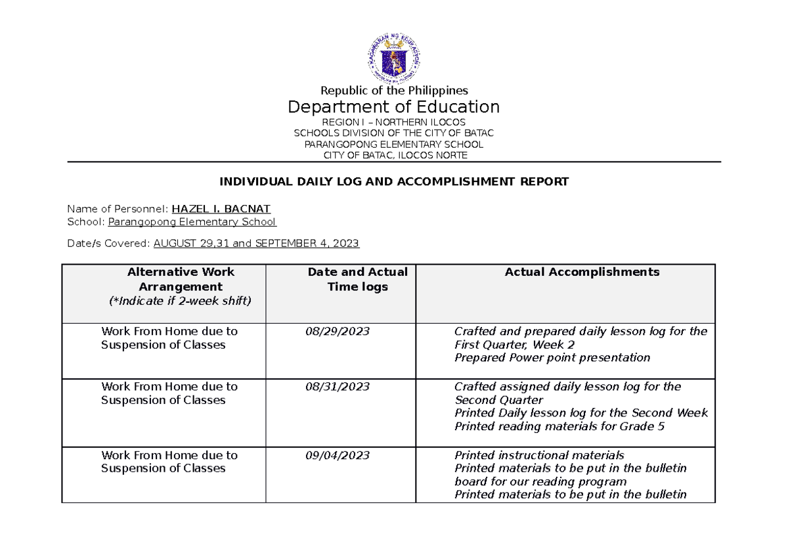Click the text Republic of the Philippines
tap(393, 91)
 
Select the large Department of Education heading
tap(393, 107)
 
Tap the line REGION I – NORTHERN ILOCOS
tap(393, 123)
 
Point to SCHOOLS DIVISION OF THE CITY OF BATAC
tap(393, 133)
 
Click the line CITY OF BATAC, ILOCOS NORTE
tap(393, 156)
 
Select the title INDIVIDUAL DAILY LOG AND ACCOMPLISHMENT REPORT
tap(393, 182)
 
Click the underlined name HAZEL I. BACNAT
tap(221, 210)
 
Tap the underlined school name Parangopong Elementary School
tap(192, 222)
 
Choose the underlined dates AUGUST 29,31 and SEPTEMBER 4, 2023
tap(255, 244)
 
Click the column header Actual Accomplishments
tap(582, 273)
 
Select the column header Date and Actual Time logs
tap(357, 279)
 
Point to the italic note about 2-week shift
tap(181, 301)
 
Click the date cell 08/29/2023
tap(337, 332)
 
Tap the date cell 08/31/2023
tap(337, 387)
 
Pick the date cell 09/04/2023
tap(337, 455)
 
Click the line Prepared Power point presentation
tap(552, 358)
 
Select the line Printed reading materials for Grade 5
tap(559, 426)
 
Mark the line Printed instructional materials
tap(539, 455)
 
